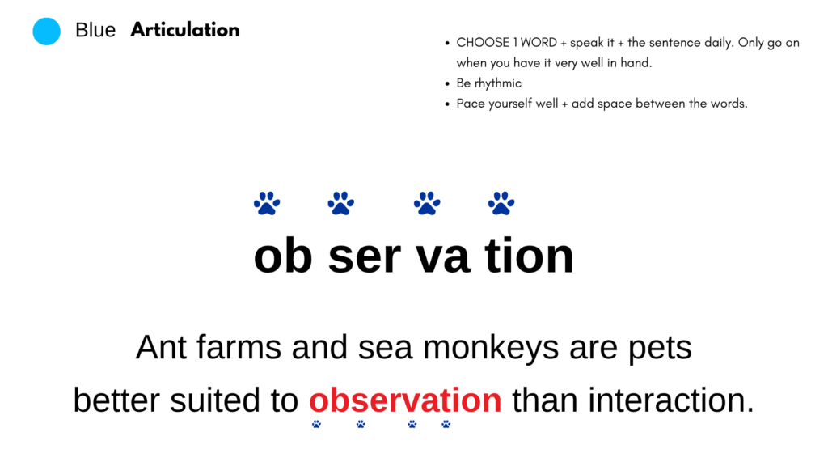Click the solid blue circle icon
46,32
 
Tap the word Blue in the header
95,30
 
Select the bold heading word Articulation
185,30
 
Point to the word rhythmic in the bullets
498,83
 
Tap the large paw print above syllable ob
267,203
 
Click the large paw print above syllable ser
340,203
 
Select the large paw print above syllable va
427,203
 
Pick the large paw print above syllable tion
501,203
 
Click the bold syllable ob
283,256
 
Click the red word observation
405,400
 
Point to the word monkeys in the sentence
491,348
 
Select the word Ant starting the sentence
161,347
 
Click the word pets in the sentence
660,349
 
